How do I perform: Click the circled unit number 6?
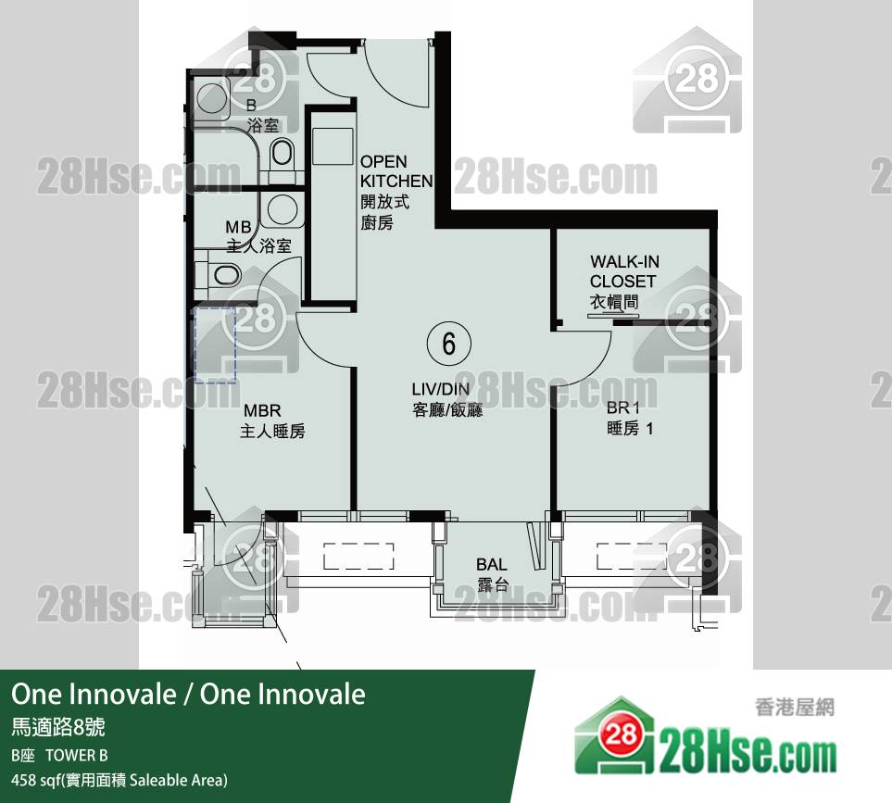pos(449,344)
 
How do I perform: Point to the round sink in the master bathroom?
pos(283,208)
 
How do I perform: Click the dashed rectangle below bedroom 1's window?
pos(631,557)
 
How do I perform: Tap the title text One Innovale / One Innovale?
pos(188,695)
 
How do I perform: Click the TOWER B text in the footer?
pos(77,755)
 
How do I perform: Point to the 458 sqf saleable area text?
pos(119,780)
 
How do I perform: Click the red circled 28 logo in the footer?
pos(621,734)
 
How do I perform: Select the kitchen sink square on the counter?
pos(333,146)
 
